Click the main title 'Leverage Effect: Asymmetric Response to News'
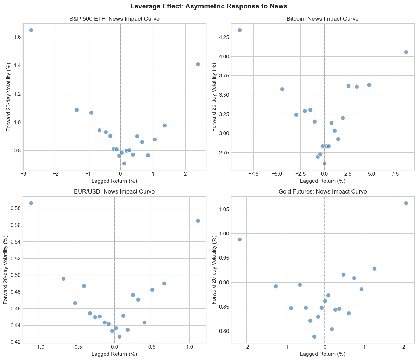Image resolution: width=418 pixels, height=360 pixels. [x=209, y=6]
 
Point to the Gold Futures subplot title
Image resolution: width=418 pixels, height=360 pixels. [x=323, y=192]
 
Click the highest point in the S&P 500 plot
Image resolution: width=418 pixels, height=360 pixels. [x=31, y=30]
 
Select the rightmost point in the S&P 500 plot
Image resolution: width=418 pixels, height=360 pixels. [x=198, y=64]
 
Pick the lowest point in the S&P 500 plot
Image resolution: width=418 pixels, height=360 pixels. [x=124, y=163]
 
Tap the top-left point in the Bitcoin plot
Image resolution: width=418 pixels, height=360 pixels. [x=239, y=30]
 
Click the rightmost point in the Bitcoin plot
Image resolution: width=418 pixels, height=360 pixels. [x=406, y=52]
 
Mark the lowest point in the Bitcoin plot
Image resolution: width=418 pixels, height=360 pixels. [x=324, y=163]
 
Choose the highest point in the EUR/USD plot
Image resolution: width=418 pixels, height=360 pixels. [x=31, y=203]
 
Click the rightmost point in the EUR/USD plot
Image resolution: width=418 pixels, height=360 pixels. [x=198, y=221]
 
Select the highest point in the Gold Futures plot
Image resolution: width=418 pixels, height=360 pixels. [x=406, y=203]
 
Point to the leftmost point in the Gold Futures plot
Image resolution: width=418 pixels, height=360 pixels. [x=239, y=239]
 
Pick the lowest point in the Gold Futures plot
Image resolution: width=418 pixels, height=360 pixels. [x=314, y=336]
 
